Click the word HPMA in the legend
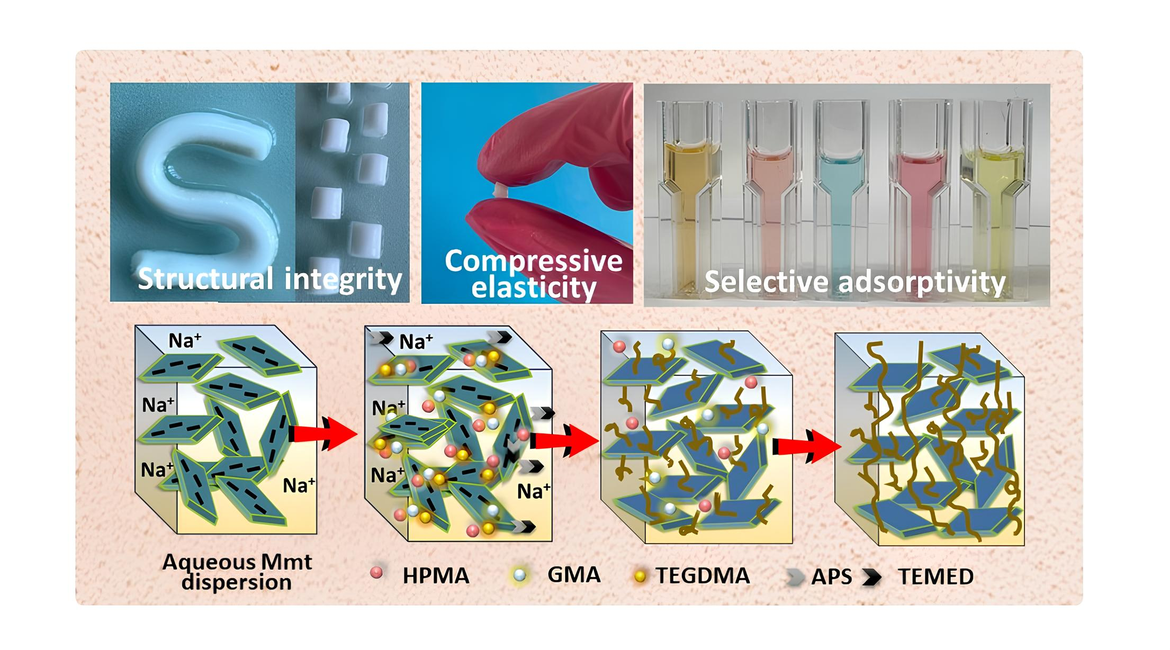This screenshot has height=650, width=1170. point(435,576)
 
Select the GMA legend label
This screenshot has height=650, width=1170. point(573,575)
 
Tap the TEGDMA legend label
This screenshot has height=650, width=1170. point(703,576)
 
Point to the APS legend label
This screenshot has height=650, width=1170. point(831,577)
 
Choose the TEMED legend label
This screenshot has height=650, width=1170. point(935,577)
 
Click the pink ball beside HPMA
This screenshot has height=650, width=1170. point(376,572)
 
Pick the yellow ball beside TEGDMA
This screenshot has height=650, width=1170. point(640,576)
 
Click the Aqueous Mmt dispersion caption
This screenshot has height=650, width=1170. point(237,572)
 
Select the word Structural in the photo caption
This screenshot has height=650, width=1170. point(205,278)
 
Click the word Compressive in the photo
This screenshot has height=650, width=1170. point(534,261)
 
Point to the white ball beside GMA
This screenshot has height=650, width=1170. point(520,575)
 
